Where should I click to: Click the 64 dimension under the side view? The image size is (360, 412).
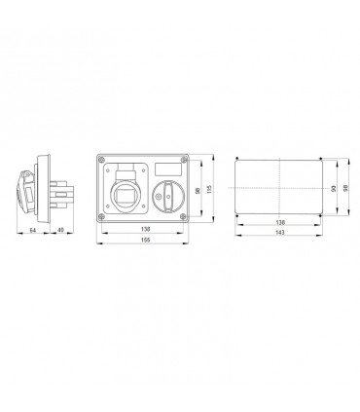pos(32,230)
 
